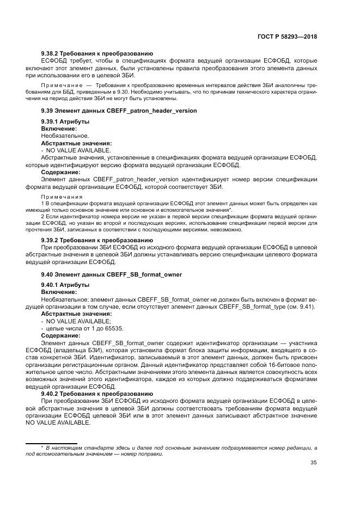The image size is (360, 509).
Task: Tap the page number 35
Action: (x=313, y=463)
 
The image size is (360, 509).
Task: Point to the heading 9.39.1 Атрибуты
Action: (x=65, y=121)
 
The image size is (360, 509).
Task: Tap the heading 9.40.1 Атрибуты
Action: (x=65, y=285)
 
